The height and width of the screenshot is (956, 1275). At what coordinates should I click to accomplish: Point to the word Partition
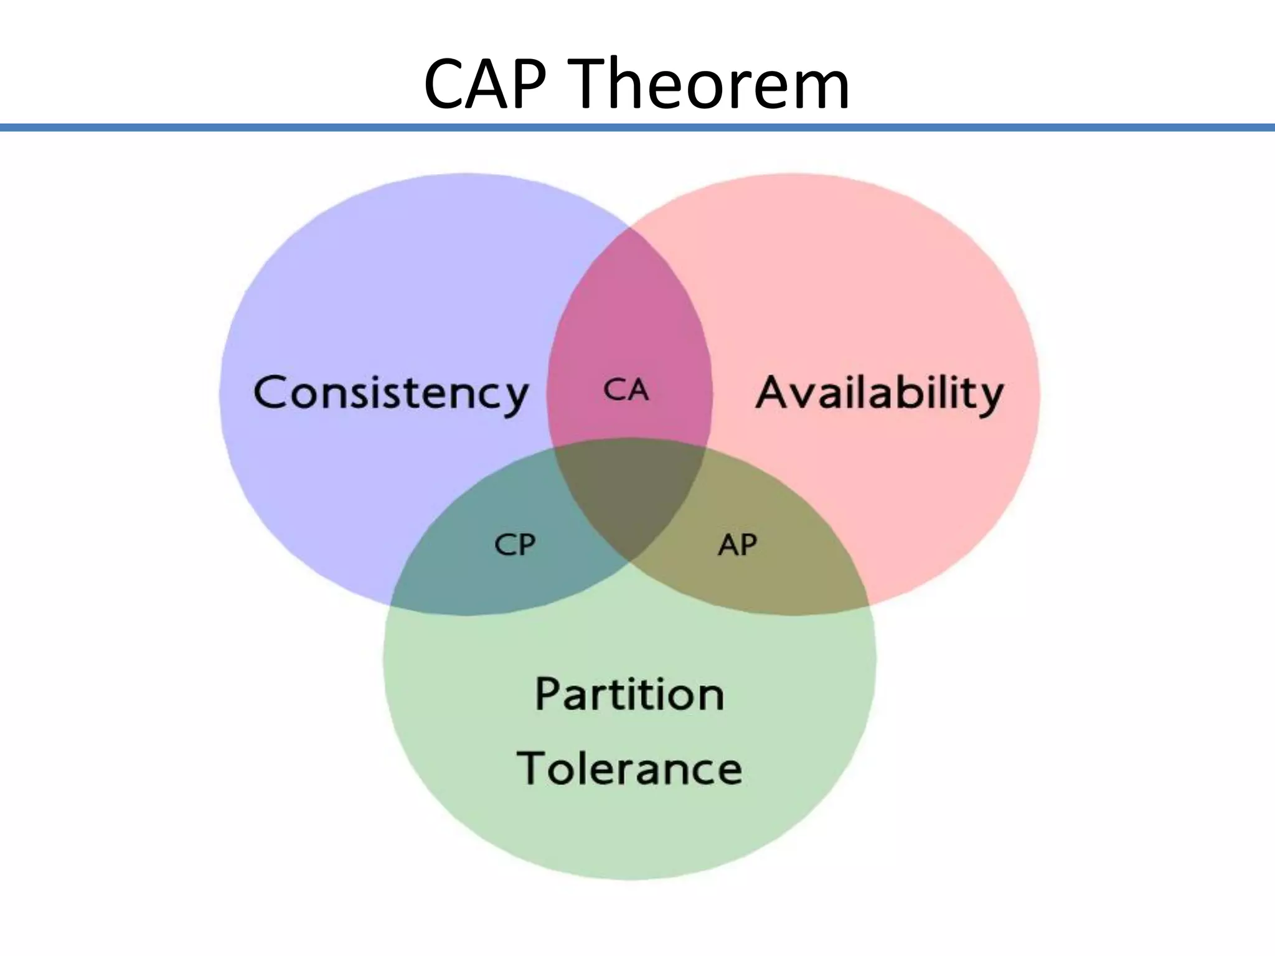tap(629, 694)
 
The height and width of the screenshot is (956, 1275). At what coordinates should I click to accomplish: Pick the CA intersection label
tap(626, 391)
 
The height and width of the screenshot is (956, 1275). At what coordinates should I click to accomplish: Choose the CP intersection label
tap(514, 545)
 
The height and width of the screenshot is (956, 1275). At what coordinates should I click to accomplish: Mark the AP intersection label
tap(737, 545)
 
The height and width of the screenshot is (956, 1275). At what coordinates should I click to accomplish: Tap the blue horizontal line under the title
tap(637, 128)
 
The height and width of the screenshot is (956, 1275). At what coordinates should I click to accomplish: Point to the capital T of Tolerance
tap(534, 767)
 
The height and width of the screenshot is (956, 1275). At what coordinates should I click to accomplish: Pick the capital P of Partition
tap(548, 693)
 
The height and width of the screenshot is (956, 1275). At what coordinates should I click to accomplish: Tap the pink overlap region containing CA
tap(629, 324)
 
